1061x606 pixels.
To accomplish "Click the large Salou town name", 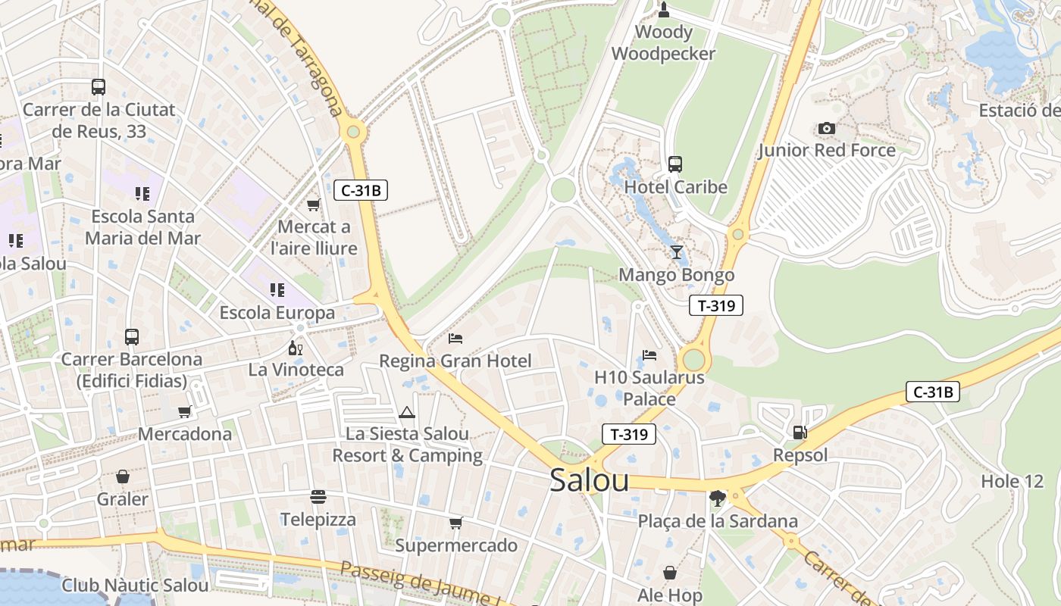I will pos(590,479).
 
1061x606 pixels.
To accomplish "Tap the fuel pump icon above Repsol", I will pos(800,433).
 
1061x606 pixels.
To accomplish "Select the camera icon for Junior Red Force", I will pos(827,128).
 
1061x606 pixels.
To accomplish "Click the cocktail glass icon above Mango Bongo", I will pos(676,251).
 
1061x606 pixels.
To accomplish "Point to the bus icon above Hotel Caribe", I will pos(674,164).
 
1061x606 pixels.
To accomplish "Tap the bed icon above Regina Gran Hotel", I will pos(455,338).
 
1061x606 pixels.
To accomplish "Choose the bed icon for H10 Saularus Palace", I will pos(649,355).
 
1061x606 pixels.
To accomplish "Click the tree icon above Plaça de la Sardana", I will pos(717,498).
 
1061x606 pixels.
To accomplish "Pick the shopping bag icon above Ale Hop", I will pos(670,573).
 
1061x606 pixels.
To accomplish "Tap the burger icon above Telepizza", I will pos(318,497).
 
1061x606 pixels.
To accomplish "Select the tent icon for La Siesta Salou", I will pos(407,412).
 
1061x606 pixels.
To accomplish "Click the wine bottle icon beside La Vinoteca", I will pos(295,348).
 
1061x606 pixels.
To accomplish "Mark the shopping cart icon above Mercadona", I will pos(184,411).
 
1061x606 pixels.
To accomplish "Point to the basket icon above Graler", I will pos(122,476).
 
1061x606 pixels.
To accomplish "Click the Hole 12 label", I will pos(1012,481).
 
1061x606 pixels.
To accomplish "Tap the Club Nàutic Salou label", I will pos(135,585).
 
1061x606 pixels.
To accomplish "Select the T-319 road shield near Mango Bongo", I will pos(715,305).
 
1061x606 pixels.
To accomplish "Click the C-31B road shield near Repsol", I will pos(932,392).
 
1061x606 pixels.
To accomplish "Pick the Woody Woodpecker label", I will pos(663,43).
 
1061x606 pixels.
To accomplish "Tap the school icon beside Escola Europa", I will pos(277,289).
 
